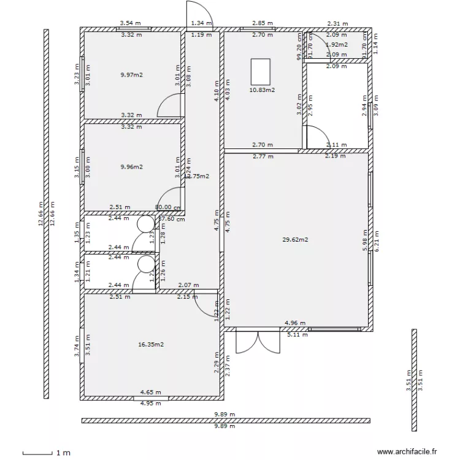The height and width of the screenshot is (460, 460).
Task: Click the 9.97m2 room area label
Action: tap(132, 75)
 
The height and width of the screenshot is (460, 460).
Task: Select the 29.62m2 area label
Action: tap(295, 239)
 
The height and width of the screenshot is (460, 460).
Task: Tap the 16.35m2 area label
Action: tap(151, 345)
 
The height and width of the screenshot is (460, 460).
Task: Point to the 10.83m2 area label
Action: tap(262, 90)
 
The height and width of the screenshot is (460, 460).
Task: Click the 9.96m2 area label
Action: tap(132, 166)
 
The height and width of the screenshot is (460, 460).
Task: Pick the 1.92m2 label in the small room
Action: tap(337, 45)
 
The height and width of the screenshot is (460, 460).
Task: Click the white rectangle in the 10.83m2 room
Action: tap(261, 71)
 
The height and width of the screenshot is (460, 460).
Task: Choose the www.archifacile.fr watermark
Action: tap(407, 451)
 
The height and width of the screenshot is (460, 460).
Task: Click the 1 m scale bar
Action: tap(37, 454)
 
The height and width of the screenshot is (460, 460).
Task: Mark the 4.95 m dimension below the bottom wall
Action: tap(150, 403)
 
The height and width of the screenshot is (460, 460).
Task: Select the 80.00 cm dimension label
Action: tap(168, 208)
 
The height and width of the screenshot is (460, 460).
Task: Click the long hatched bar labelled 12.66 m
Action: tap(46, 213)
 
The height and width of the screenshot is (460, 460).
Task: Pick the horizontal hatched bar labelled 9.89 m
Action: tap(226, 421)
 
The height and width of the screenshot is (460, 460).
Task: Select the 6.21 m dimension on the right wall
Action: tap(377, 241)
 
